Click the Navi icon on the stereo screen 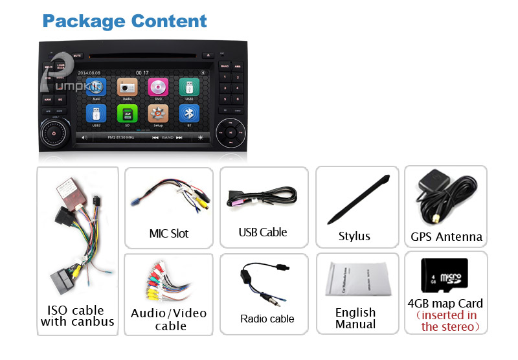click(x=96, y=87)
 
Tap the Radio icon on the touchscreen click(x=127, y=87)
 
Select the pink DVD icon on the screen click(x=158, y=87)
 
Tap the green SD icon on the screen click(x=127, y=115)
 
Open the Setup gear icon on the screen click(x=158, y=115)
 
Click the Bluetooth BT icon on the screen click(x=189, y=115)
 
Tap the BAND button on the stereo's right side click(x=225, y=66)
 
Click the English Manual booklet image click(x=355, y=279)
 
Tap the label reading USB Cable click(x=263, y=232)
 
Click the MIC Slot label click(x=169, y=233)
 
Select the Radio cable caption click(x=267, y=319)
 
